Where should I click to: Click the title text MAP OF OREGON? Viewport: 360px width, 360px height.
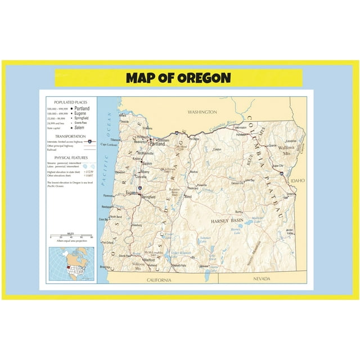[x=178, y=78]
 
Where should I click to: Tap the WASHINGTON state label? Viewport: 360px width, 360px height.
[x=202, y=112]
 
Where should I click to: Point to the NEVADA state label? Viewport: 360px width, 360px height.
[x=262, y=279]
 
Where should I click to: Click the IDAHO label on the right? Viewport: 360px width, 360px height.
[x=298, y=181]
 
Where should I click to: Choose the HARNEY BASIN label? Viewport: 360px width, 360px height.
[x=227, y=221]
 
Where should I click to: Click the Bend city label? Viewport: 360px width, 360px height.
[x=188, y=197]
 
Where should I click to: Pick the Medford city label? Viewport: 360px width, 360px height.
[x=149, y=260]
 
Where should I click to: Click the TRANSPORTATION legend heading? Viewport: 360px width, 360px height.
[x=66, y=136]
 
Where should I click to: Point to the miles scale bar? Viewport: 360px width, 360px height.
[x=71, y=236]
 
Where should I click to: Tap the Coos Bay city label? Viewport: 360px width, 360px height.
[x=104, y=219]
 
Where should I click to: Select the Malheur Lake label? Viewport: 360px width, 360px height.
[x=257, y=218]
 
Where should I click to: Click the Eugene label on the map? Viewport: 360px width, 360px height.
[x=131, y=192]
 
